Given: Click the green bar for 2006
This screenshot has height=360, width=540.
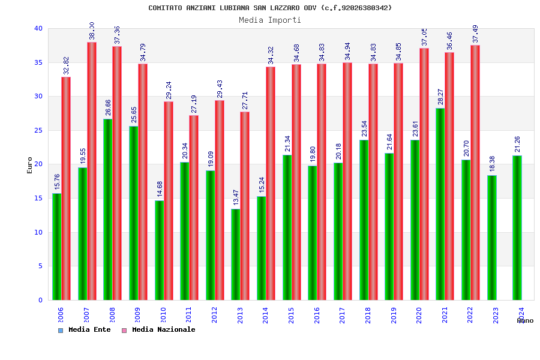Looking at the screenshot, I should tap(56, 246).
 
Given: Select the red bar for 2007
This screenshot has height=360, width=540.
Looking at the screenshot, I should tap(92, 171).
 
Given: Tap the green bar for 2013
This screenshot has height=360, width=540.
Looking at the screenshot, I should tap(236, 254).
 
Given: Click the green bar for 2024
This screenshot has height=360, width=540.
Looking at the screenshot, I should tap(517, 228).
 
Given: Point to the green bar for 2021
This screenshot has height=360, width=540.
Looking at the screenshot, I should tap(440, 204).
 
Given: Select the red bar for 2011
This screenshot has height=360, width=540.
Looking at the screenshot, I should tap(194, 208).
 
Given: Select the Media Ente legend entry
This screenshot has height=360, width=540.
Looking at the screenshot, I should tap(85, 329).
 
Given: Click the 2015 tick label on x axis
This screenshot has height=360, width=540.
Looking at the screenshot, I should tap(292, 314).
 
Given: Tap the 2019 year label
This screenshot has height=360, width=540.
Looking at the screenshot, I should tap(394, 314).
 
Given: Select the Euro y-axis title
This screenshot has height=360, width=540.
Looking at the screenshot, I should tap(30, 165).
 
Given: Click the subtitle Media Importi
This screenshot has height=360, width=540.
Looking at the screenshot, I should tap(270, 20).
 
